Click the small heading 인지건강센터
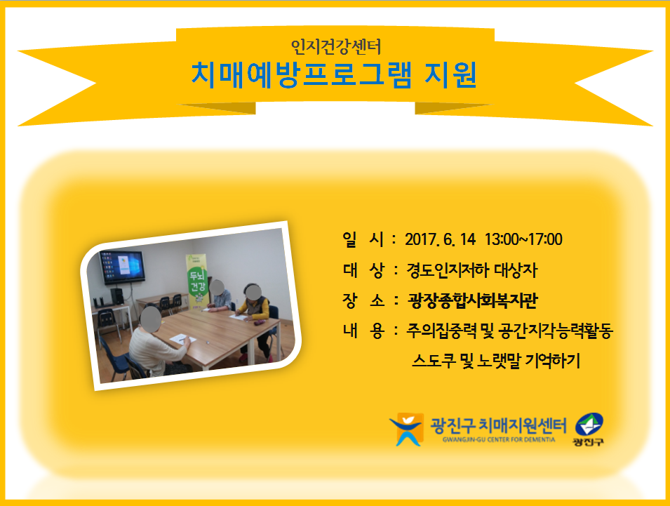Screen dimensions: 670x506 tap(336, 46)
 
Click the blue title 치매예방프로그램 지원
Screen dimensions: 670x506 tap(334, 75)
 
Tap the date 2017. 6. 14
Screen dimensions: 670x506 tap(440, 239)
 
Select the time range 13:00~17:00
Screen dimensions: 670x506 tap(523, 239)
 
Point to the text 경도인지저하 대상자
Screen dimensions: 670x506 tap(471, 270)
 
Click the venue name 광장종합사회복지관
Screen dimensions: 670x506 tap(472, 300)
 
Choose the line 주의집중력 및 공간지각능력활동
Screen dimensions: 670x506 tap(510, 331)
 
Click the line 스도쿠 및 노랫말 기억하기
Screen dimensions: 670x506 tap(496, 361)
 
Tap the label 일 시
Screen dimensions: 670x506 tap(363, 239)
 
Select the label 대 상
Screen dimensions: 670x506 tap(363, 270)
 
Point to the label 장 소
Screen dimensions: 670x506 tap(363, 300)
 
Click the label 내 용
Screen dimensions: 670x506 tap(363, 331)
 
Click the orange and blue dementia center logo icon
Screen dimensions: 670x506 tap(406, 429)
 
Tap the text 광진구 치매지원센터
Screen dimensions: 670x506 tap(498, 426)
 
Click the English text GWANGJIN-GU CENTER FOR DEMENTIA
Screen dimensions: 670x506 tap(499, 439)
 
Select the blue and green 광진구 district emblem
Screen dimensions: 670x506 tap(589, 429)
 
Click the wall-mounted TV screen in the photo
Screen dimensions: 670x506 tap(122, 267)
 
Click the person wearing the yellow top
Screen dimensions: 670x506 tap(254, 319)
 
